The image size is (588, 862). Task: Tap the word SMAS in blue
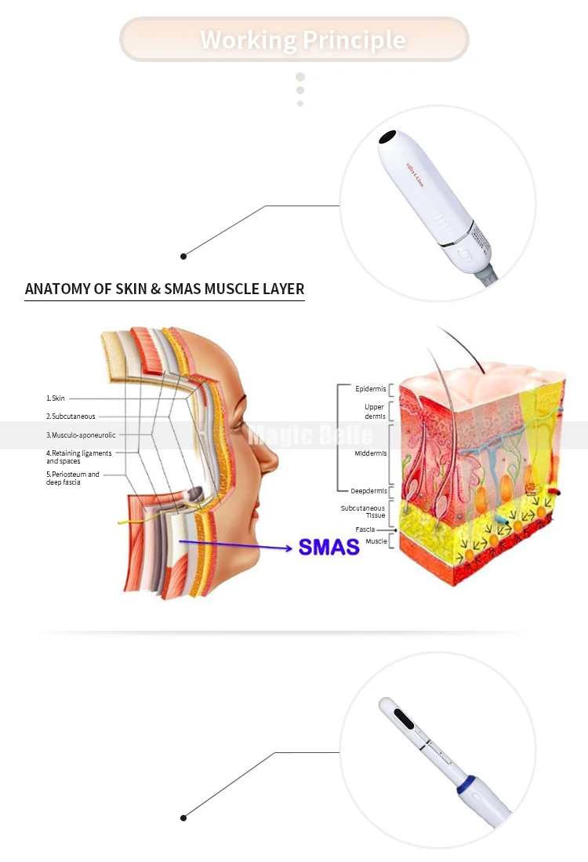pyautogui.click(x=328, y=547)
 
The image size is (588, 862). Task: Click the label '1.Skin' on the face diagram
pyautogui.click(x=56, y=398)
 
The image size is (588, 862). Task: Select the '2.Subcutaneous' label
pyautogui.click(x=71, y=416)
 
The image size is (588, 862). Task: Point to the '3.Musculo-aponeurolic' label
pyautogui.click(x=81, y=435)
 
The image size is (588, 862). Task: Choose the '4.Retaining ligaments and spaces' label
pyautogui.click(x=78, y=457)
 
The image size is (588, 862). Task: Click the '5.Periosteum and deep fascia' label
pyautogui.click(x=73, y=478)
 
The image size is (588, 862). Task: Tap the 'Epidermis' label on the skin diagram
pyautogui.click(x=371, y=388)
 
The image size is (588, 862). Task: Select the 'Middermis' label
pyautogui.click(x=370, y=453)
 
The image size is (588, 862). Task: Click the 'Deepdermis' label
pyautogui.click(x=368, y=491)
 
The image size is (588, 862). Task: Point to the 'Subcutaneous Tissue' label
pyautogui.click(x=363, y=511)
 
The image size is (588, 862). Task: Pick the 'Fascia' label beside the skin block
pyautogui.click(x=365, y=529)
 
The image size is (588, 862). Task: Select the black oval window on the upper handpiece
pyautogui.click(x=386, y=138)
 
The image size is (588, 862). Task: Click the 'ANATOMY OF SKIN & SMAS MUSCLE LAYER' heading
pyautogui.click(x=165, y=289)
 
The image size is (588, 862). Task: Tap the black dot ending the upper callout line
pyautogui.click(x=183, y=256)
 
